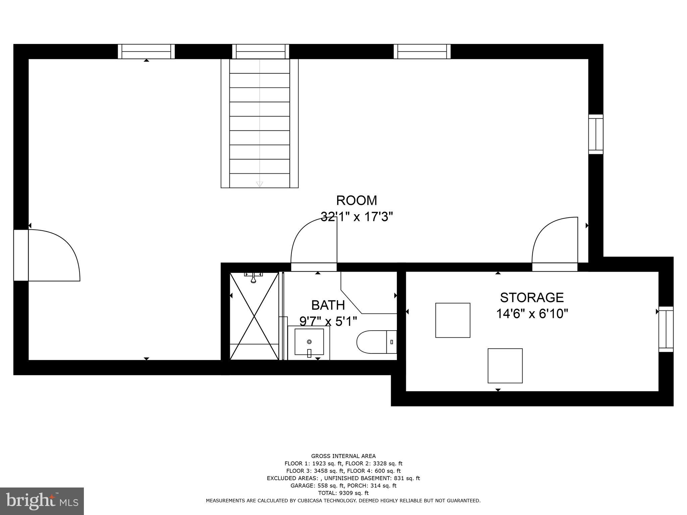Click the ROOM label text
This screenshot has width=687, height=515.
(357, 201)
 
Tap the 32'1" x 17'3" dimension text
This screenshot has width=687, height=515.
(357, 217)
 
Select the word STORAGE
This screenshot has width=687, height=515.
(532, 297)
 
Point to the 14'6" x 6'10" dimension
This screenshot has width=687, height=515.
(532, 314)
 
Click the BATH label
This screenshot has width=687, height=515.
(328, 305)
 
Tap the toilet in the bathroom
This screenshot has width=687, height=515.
(376, 342)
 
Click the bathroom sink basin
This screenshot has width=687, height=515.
(309, 342)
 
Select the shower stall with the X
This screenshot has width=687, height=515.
(254, 316)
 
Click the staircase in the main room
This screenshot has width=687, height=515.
(259, 123)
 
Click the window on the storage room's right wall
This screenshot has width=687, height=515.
(666, 329)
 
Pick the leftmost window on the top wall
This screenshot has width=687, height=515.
(146, 52)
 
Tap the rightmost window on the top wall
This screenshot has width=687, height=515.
(422, 52)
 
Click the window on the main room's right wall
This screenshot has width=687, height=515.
(596, 134)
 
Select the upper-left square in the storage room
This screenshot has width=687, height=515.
(453, 320)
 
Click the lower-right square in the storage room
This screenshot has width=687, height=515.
(505, 366)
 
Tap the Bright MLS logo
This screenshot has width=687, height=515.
(42, 501)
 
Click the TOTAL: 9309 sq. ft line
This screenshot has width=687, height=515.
(343, 493)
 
